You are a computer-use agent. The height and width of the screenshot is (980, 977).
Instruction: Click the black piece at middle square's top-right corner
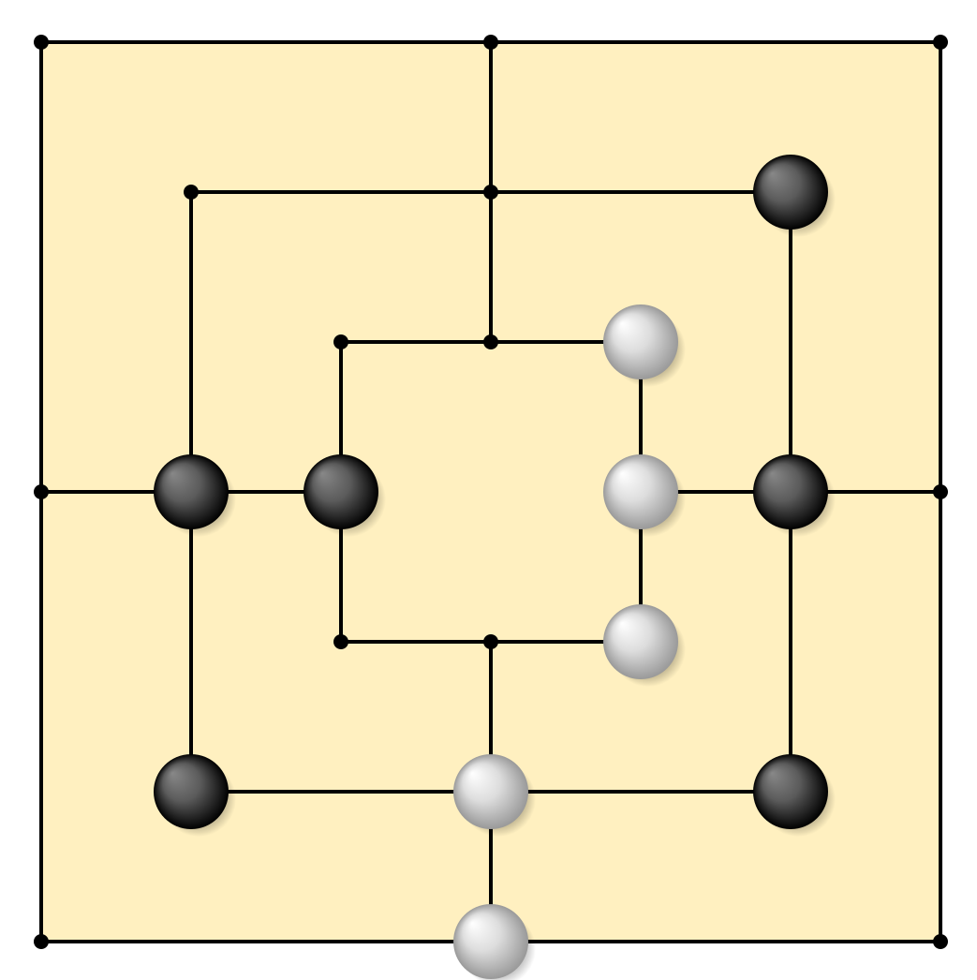[x=791, y=192]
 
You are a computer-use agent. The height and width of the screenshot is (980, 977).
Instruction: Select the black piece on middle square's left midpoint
[x=191, y=492]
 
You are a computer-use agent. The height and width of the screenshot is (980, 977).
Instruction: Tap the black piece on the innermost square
[x=341, y=492]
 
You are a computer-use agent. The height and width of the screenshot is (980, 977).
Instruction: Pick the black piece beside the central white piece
[x=791, y=492]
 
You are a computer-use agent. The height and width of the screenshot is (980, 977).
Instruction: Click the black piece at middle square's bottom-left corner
[x=191, y=792]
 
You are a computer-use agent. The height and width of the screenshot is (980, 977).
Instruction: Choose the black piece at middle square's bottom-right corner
[x=791, y=792]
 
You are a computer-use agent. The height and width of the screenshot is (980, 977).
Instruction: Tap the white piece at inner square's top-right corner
[x=641, y=342]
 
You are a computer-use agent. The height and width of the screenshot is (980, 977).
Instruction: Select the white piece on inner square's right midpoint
[x=641, y=492]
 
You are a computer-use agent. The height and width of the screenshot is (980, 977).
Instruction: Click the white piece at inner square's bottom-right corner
[x=641, y=642]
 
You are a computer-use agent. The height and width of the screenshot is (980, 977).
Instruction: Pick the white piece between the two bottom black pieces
[x=491, y=792]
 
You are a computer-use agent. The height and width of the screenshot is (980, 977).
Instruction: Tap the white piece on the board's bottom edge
[x=491, y=941]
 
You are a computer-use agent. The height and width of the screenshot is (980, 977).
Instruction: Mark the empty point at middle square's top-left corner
[x=191, y=192]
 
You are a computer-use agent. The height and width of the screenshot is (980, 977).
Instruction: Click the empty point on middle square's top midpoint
[x=491, y=192]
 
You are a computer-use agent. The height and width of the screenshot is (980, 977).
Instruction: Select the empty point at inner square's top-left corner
[x=341, y=342]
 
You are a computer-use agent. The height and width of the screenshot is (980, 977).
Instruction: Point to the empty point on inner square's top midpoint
[x=491, y=342]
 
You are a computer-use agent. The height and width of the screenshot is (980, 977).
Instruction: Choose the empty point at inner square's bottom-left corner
[x=341, y=642]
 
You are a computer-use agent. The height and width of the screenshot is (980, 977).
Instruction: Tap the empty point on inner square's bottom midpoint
[x=491, y=642]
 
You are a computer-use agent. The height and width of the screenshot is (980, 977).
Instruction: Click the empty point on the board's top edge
[x=491, y=43]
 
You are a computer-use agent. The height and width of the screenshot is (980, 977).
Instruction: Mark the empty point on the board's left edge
[x=43, y=492]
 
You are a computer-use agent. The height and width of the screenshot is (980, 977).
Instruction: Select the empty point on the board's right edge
[x=938, y=492]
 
